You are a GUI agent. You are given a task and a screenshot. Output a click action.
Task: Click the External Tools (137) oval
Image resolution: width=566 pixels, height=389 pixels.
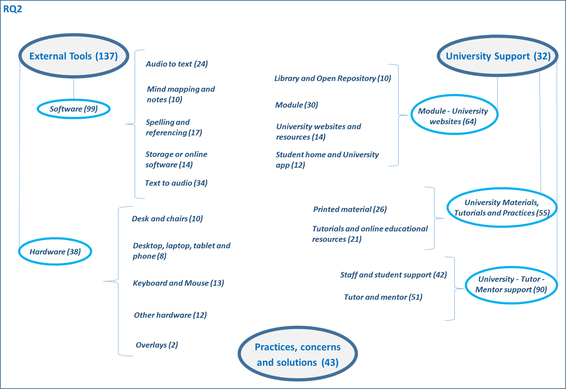[73, 56]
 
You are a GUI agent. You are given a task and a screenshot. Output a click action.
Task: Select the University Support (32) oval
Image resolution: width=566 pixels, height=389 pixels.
[498, 56]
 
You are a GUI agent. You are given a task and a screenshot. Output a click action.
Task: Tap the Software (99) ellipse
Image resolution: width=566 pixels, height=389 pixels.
[73, 109]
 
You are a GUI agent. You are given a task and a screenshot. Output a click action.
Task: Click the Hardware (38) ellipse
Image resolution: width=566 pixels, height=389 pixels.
[55, 251]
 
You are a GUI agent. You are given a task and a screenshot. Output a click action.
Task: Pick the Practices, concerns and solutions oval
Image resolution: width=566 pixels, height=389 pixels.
[298, 355]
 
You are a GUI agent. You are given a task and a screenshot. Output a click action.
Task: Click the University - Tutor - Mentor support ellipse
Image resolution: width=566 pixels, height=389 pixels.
[511, 284]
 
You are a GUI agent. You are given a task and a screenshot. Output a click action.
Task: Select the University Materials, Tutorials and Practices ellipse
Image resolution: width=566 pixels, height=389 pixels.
[501, 207]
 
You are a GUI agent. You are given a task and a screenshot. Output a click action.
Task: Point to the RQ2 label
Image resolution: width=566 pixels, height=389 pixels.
[13, 9]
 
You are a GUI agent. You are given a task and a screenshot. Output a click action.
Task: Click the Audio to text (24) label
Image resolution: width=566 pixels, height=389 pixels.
[176, 64]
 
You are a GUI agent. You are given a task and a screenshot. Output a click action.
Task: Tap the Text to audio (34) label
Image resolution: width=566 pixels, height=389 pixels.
[176, 183]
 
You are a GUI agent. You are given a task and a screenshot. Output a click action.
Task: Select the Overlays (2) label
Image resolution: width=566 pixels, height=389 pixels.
[157, 345]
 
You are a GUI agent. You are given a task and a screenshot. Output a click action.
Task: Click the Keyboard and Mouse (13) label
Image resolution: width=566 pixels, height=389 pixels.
[178, 283]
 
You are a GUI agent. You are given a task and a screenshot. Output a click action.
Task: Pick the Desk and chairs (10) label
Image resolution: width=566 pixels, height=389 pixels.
[167, 219]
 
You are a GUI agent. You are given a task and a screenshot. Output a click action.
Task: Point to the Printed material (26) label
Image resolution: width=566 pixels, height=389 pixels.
[350, 209]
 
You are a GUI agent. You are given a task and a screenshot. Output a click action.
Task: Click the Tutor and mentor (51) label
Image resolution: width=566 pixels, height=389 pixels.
[383, 297]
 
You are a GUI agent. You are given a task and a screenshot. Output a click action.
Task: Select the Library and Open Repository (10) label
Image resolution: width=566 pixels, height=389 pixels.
[333, 78]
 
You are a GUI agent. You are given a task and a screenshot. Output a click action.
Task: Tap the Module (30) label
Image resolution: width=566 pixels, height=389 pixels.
[296, 105]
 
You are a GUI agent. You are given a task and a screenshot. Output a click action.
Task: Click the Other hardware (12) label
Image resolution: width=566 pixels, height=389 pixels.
[170, 315]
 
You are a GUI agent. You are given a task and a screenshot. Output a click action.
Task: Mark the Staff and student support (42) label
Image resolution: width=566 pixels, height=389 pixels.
[393, 274]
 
